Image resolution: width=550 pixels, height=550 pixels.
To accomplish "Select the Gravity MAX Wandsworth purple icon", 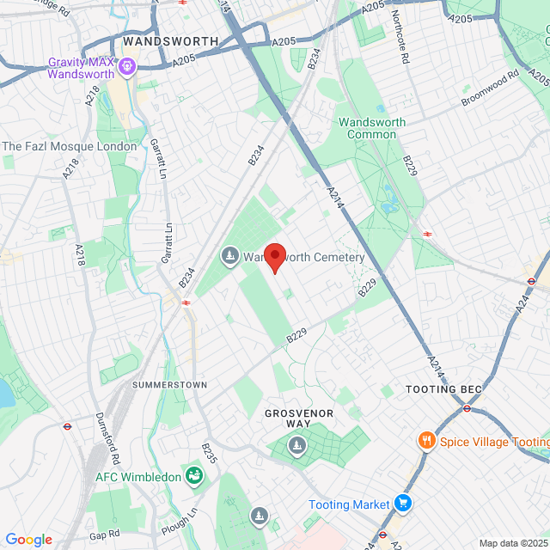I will pos(128,65).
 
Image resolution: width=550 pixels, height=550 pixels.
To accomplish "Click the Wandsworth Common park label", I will pos(372,128).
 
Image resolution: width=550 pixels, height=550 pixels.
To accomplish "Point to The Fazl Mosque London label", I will pos(70,146).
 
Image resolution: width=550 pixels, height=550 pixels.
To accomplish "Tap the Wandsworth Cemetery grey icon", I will pos(229,256).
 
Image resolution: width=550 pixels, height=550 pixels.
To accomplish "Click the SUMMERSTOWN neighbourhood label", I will pos(169,385).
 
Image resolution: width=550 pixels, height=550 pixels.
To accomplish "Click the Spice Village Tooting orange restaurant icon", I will pos(425,442).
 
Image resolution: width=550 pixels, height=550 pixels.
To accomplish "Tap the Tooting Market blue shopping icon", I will pos(404,504).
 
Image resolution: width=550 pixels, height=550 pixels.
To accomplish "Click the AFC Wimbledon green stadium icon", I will pos(196,476).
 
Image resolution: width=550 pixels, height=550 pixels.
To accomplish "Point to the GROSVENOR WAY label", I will pos(299,419).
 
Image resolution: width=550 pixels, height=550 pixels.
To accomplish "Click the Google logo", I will pos(28,540).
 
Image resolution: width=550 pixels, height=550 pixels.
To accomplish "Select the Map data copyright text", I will pos(512,543).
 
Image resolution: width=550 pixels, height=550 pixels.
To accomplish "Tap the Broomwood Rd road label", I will pos(491,89).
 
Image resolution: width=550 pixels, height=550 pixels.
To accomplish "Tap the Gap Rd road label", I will pos(103,535).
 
